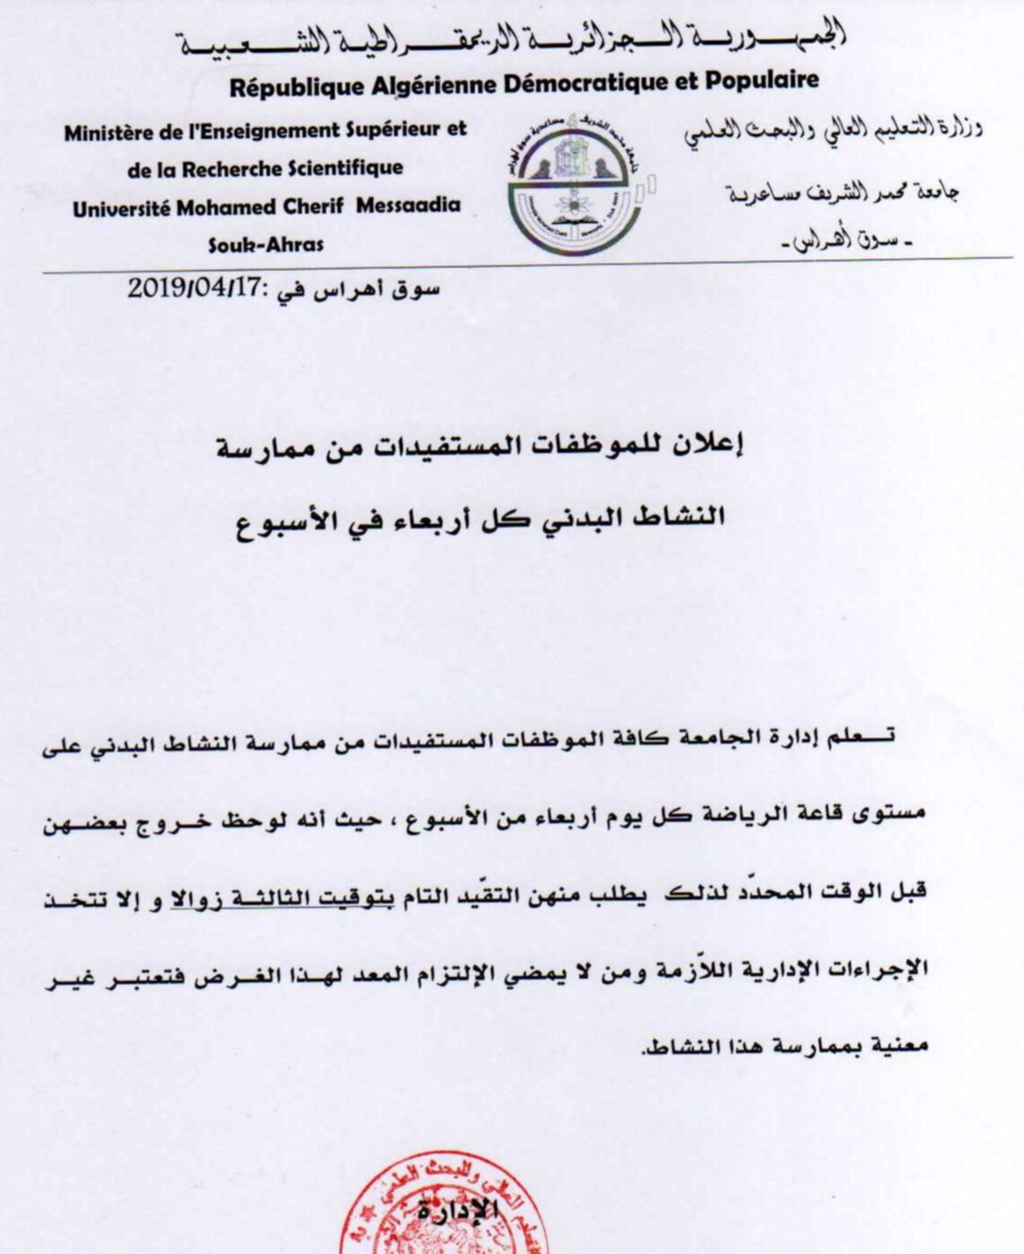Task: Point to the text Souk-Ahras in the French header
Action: tap(266, 244)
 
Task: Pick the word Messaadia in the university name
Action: tap(408, 205)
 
